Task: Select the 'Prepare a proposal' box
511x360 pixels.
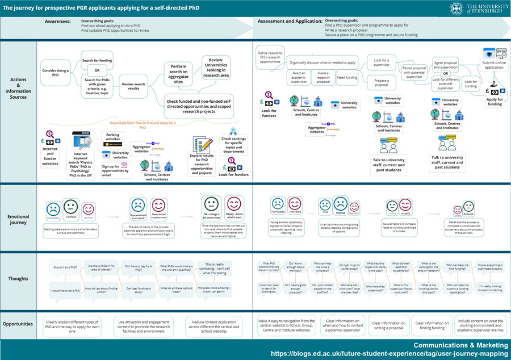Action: tap(382, 82)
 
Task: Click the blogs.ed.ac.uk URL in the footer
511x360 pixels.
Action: tap(389, 353)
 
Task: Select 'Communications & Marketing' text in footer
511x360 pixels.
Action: tap(458, 344)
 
